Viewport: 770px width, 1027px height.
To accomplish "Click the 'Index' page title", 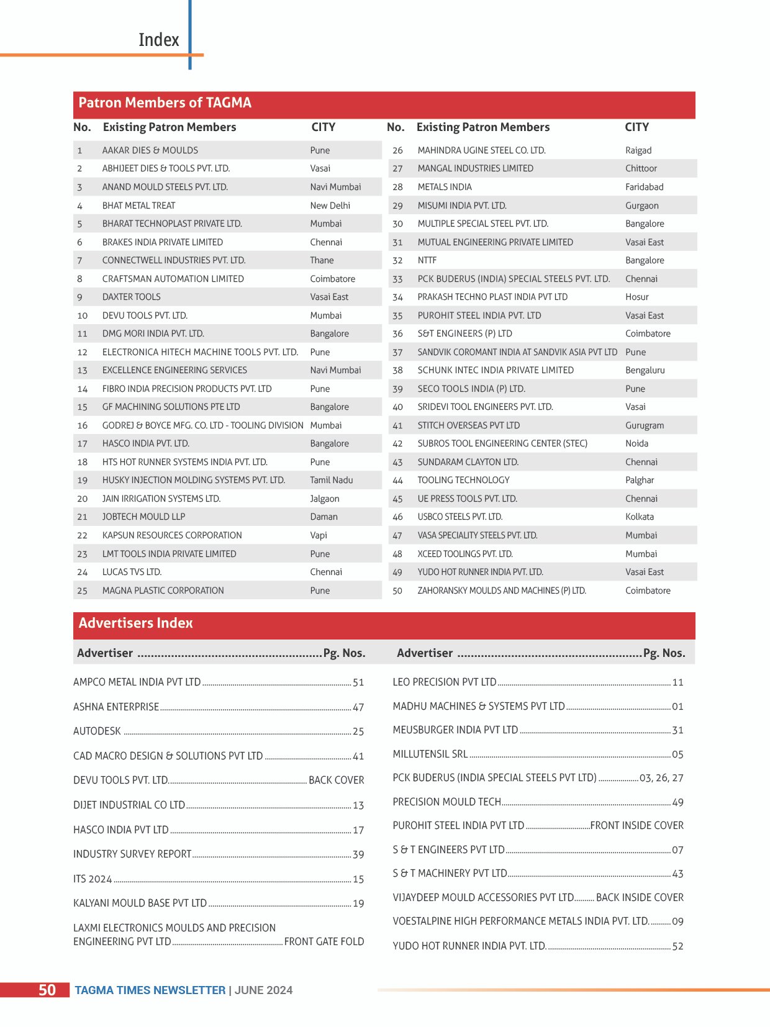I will [158, 40].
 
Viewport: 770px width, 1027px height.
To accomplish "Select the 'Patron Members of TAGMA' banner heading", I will [165, 103].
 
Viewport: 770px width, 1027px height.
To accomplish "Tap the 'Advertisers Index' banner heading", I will [135, 623].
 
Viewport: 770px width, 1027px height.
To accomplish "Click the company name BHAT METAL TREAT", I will [138, 206].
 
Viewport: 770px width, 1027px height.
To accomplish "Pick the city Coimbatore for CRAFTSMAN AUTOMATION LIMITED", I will [332, 279].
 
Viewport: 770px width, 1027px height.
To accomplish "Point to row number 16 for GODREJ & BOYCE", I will [82, 425].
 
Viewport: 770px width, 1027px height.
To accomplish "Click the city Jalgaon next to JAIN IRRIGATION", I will [324, 499].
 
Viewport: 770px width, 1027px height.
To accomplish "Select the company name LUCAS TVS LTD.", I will [132, 572].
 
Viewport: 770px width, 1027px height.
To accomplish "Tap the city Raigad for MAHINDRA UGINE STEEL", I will [638, 150].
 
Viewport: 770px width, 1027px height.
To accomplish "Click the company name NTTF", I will [427, 260].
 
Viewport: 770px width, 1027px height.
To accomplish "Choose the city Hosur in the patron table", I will [636, 297].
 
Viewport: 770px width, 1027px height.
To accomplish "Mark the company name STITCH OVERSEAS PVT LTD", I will [468, 425].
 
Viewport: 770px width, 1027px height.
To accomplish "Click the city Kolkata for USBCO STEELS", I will [639, 517].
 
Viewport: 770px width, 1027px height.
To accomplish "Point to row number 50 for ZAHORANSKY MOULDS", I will [397, 590].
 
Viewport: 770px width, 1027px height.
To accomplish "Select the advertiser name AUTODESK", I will [97, 731].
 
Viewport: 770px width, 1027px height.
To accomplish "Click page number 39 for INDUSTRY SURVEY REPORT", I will [358, 855].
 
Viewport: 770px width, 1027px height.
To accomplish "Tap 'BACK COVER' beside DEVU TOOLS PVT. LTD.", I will [336, 780].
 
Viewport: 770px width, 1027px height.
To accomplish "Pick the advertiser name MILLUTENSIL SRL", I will [430, 754].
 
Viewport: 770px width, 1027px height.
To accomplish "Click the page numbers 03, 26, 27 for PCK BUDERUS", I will [661, 778].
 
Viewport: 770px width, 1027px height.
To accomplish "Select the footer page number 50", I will [47, 990].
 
